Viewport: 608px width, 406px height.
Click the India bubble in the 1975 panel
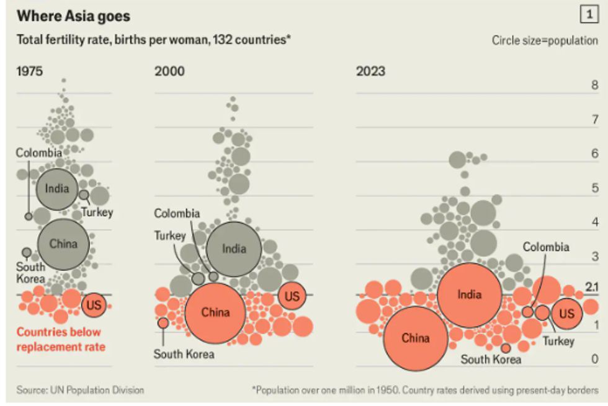(x=58, y=188)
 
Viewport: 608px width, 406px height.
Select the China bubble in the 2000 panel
(x=215, y=313)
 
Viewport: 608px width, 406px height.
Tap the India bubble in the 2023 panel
(x=469, y=294)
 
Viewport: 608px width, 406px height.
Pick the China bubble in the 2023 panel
(x=415, y=338)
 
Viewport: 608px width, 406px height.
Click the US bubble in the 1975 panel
(x=94, y=304)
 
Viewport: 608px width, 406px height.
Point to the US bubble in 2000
(x=292, y=296)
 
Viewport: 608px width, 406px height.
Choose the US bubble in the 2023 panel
(x=566, y=314)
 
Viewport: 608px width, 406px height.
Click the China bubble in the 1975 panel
(x=63, y=244)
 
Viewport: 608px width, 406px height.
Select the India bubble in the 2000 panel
(x=234, y=249)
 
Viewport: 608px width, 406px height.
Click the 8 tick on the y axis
(x=595, y=86)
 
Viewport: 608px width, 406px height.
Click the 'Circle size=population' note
(x=545, y=40)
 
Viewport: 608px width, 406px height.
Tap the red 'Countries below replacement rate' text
(x=60, y=339)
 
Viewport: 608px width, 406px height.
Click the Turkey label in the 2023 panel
(x=558, y=341)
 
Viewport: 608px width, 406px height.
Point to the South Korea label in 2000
(x=184, y=354)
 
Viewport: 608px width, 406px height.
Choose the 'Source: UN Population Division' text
(x=80, y=390)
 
